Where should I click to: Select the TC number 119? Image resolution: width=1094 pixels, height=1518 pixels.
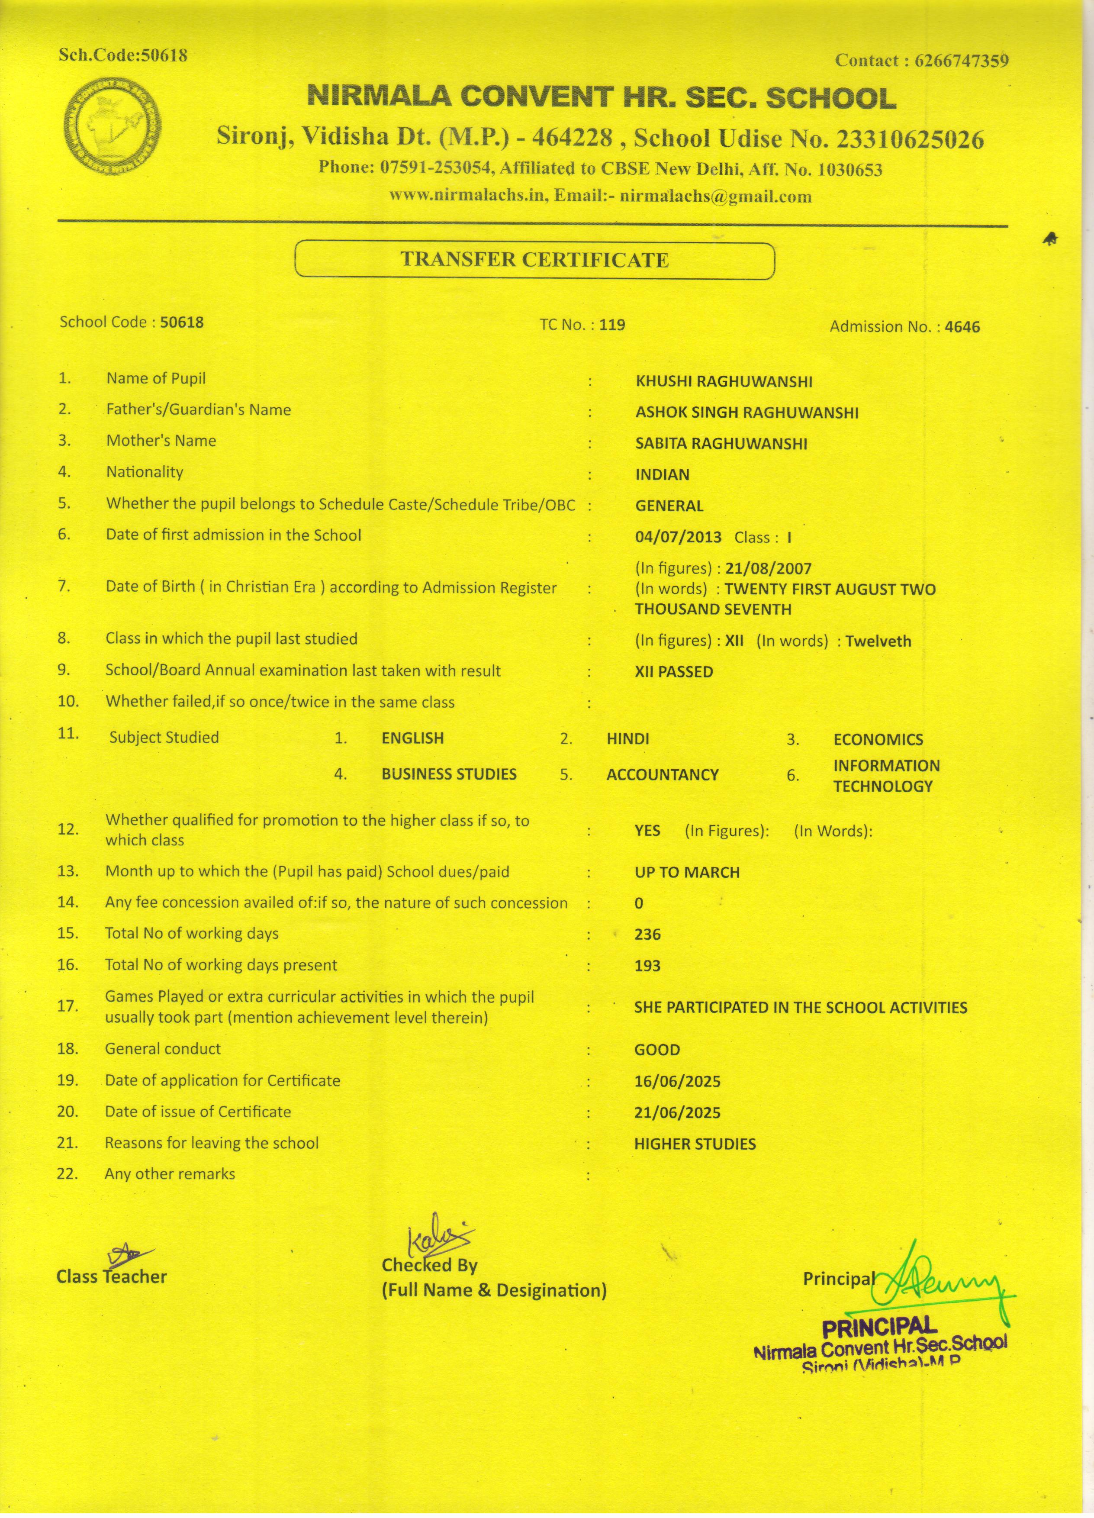(612, 326)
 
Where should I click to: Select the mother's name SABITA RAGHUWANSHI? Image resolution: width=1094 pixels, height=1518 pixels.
(721, 444)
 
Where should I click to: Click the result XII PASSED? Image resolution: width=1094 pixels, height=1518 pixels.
(674, 671)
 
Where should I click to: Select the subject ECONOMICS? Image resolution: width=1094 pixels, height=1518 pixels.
(878, 740)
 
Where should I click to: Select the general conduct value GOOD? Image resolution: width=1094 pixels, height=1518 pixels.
(657, 1050)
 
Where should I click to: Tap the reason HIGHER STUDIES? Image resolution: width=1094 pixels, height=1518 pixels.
(695, 1144)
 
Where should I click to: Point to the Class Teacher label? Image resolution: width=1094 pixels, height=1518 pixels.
(112, 1277)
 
